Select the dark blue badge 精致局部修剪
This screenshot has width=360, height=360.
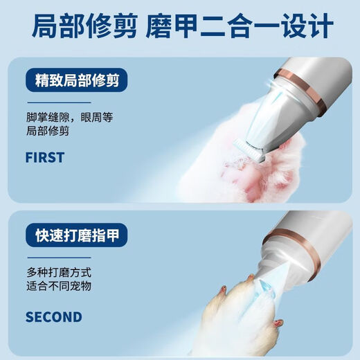coord(76,81)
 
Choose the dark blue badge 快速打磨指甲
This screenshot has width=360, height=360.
coord(76,235)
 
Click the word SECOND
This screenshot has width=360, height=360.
coord(53,318)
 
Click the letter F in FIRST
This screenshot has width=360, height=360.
coord(29,157)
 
